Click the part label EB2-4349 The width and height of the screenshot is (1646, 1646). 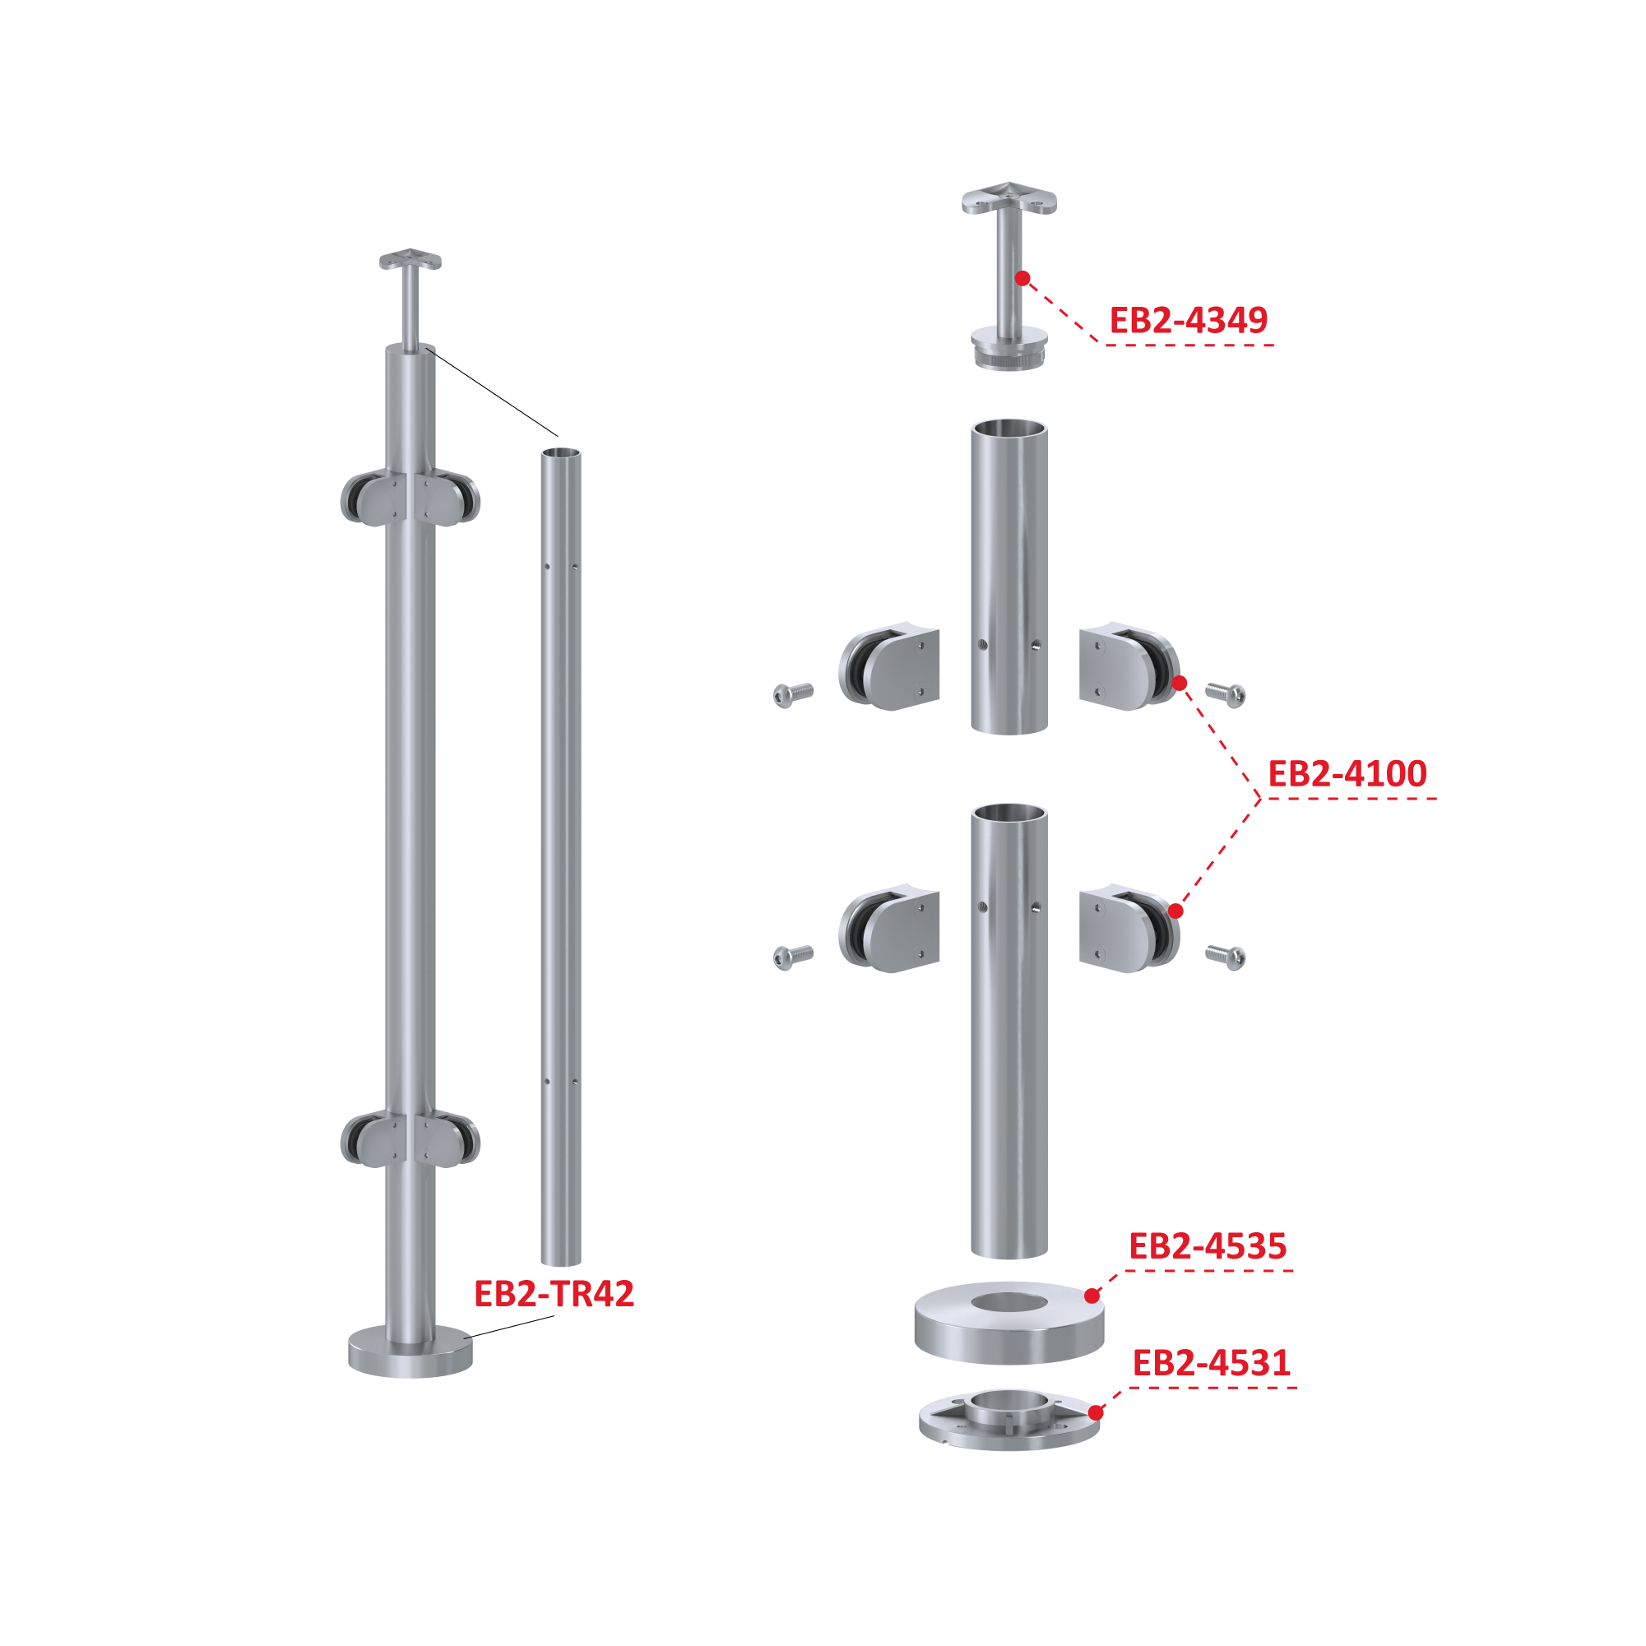pos(1188,320)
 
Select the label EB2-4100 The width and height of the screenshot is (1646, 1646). pos(1347,773)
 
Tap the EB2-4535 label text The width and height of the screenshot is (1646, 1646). pos(1208,1246)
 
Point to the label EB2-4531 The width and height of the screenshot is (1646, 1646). pos(1211,1363)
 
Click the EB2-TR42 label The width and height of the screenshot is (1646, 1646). pos(554,1294)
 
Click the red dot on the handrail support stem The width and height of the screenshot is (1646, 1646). pos(1022,279)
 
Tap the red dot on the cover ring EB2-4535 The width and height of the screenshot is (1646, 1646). pos(1092,1296)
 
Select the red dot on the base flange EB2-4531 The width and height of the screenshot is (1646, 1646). pos(1096,1412)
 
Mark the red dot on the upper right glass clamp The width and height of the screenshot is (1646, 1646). pos(1179,684)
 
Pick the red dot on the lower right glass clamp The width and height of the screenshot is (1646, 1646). pos(1175,911)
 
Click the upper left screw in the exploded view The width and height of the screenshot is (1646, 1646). pos(792,695)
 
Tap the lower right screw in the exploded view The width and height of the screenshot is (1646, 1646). pos(1226,957)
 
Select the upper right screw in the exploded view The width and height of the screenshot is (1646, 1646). pos(1226,695)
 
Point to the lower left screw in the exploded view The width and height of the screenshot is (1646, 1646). pos(792,957)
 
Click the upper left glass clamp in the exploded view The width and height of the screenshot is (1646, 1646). pos(889,666)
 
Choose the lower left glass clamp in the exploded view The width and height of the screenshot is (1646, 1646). pos(889,929)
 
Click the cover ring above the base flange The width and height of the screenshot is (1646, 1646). pos(1009,1323)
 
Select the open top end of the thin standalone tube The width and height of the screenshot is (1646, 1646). pos(562,453)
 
